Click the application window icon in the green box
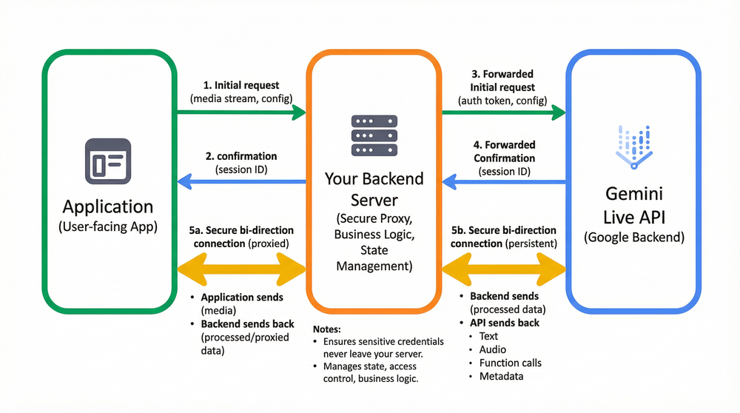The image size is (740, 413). (108, 161)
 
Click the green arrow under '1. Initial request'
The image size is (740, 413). (240, 113)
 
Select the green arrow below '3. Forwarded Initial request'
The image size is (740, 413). (503, 113)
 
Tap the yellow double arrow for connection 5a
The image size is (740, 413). (240, 268)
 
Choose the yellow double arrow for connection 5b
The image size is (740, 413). (503, 268)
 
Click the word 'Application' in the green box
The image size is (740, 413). (108, 206)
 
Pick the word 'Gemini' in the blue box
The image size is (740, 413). (633, 195)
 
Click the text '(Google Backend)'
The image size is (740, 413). (633, 238)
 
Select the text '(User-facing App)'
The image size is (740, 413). (108, 227)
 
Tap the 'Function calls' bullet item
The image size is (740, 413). (511, 363)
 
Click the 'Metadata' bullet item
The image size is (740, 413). (501, 376)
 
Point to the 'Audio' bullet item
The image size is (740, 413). (493, 349)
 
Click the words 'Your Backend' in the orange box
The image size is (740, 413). (374, 179)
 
